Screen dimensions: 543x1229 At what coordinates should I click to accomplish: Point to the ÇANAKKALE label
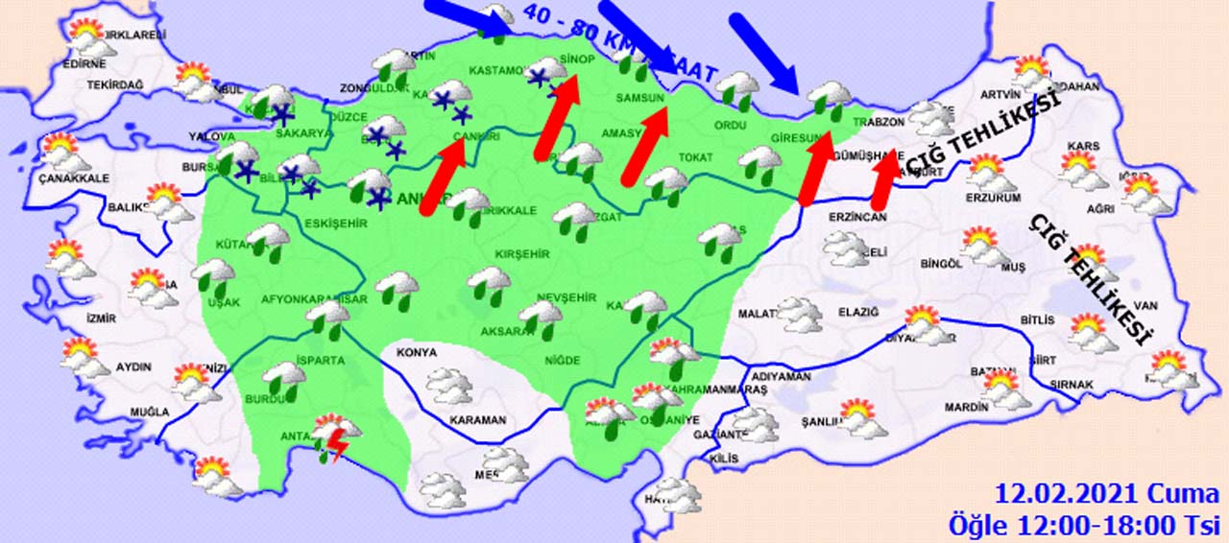(74, 177)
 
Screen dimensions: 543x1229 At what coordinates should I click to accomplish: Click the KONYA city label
(416, 352)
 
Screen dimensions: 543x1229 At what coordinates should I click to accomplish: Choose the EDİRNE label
(84, 64)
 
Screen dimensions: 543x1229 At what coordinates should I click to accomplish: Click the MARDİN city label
(966, 407)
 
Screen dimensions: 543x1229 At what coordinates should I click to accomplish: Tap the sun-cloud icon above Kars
(1083, 169)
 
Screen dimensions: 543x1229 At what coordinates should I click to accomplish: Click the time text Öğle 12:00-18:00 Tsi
(1084, 525)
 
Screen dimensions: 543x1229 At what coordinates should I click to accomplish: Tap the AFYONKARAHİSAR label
(315, 299)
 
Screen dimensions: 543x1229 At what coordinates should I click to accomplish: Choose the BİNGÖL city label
(940, 264)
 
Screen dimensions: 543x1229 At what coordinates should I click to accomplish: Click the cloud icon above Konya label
(449, 385)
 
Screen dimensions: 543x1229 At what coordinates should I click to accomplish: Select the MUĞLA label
(150, 413)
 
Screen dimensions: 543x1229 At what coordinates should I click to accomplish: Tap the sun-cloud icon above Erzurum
(989, 174)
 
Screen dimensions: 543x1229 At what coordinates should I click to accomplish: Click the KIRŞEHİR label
(521, 254)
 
